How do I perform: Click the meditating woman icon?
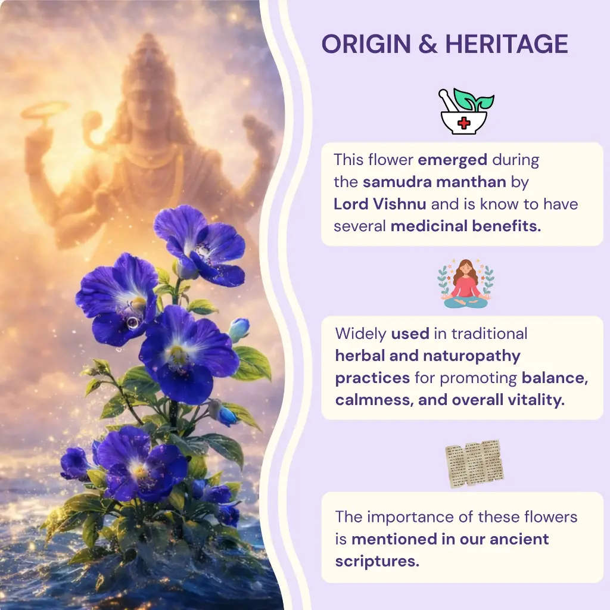[465, 284]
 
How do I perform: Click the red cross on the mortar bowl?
[462, 123]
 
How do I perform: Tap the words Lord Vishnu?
[379, 204]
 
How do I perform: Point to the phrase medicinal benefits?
[466, 226]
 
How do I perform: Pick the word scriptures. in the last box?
[377, 561]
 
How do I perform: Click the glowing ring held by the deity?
[45, 110]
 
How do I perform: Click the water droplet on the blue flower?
[132, 322]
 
